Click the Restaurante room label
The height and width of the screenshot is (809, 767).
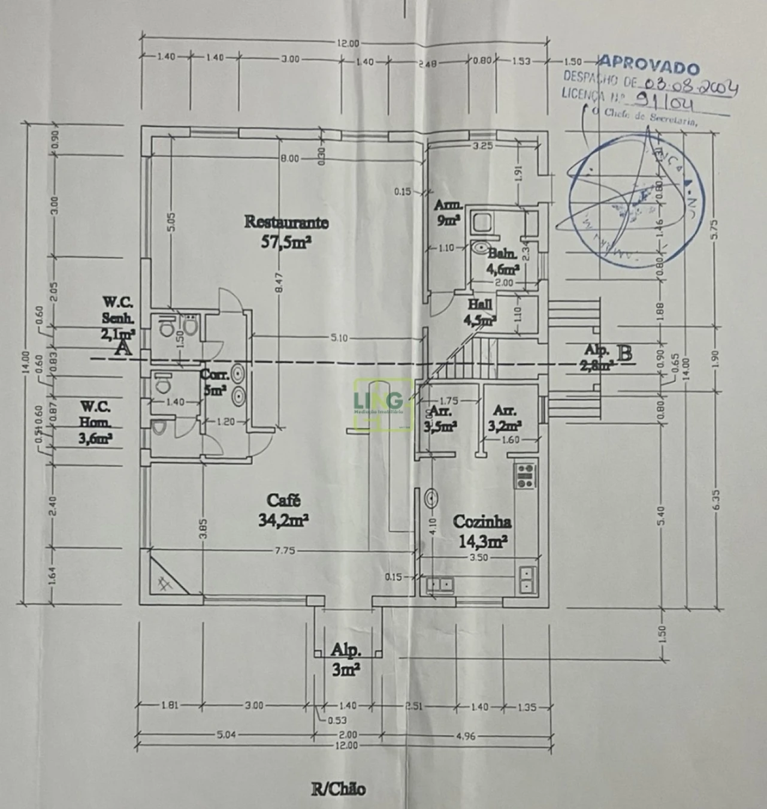point(286,222)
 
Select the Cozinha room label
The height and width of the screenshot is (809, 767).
point(482,521)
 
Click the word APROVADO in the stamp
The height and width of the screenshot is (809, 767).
point(648,64)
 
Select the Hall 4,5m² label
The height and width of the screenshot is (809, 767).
point(481,312)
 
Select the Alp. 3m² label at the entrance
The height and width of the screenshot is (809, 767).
point(346,659)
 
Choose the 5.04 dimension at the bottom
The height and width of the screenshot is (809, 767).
point(226,735)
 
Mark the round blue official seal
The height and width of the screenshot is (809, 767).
point(634,201)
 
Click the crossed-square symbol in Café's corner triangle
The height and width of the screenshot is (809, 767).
point(165,582)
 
